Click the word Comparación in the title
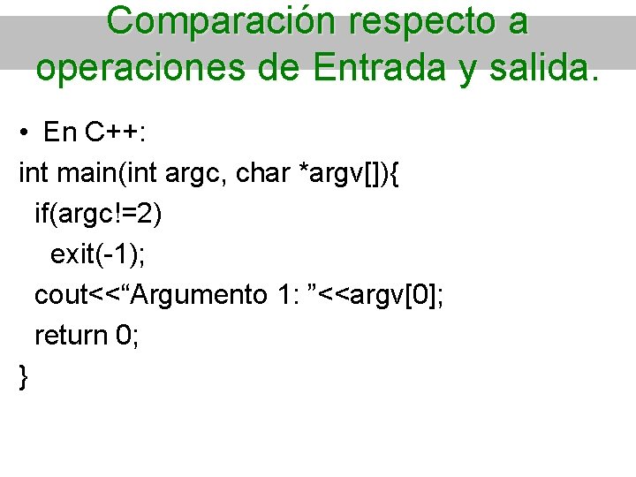221,22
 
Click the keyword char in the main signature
262,174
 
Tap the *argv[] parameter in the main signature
341,174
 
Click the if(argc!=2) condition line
98,215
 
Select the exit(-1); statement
98,254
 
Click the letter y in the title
466,67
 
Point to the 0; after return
127,336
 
